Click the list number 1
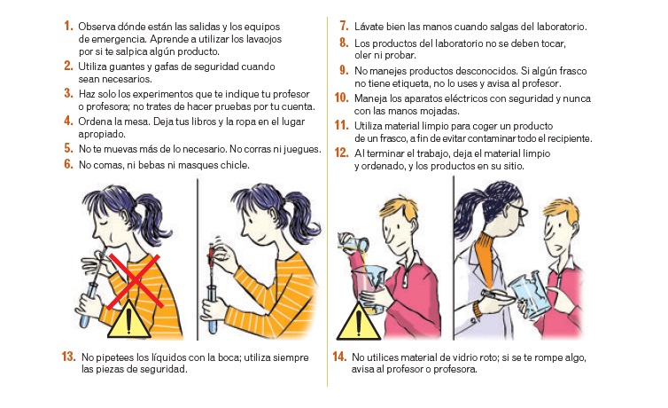68,26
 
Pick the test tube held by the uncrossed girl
213,302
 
